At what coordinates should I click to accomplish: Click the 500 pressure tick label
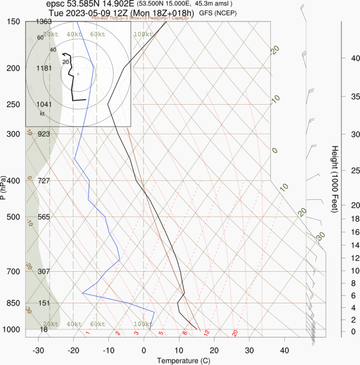click(x=13, y=217)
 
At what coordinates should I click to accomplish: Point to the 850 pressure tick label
click(x=13, y=303)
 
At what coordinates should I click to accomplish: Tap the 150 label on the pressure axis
click(x=13, y=22)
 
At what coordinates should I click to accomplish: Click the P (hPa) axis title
click(x=4, y=188)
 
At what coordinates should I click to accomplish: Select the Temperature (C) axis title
click(x=180, y=360)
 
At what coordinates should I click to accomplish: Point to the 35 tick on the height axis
click(x=342, y=97)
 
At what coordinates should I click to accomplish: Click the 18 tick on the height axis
click(x=342, y=219)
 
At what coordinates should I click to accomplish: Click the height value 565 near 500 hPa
click(x=44, y=217)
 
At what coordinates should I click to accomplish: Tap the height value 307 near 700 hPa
click(x=44, y=272)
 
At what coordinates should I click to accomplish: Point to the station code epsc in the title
click(x=56, y=4)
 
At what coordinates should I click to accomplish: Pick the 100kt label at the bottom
click(x=143, y=324)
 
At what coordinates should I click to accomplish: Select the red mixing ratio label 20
click(x=235, y=333)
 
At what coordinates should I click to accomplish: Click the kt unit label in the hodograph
click(x=42, y=114)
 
